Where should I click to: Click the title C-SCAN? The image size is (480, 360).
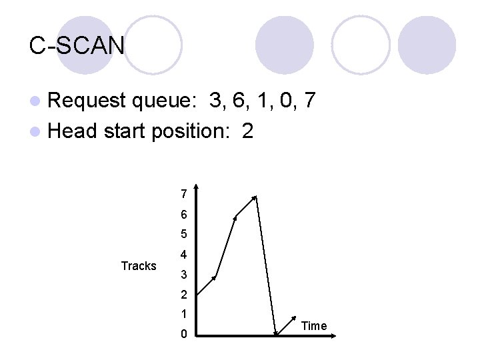point(77,45)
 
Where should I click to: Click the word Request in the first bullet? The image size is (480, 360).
point(86,101)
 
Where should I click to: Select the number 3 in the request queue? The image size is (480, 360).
point(215,101)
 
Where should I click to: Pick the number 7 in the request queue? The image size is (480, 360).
point(308,101)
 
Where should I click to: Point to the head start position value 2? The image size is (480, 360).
point(247,131)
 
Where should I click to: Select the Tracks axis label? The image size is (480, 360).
point(139,266)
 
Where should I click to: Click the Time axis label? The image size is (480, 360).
point(314,325)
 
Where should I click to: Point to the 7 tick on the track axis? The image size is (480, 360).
point(183,195)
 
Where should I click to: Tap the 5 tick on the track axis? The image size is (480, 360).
point(183,235)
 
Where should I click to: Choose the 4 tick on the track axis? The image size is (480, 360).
point(183,255)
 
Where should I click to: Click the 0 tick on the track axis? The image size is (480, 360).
point(183,334)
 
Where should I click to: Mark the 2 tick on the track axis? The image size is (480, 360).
point(183,295)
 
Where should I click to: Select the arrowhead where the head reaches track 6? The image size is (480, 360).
point(235,216)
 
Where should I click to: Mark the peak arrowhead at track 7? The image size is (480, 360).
point(255,197)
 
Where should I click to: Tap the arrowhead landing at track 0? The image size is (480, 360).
point(275,333)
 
